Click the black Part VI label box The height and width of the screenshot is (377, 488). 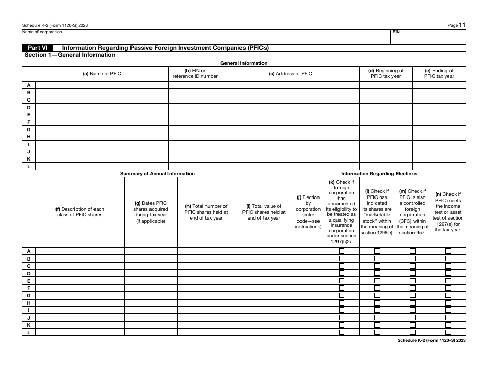point(38,48)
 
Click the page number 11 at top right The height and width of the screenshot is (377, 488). point(463,25)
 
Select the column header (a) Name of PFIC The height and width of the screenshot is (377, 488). point(102,74)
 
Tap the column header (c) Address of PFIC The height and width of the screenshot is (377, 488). point(290,74)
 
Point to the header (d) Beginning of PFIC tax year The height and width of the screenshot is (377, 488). point(386,74)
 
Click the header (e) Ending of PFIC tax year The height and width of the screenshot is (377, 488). point(439,74)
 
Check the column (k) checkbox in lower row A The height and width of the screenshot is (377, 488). point(342,251)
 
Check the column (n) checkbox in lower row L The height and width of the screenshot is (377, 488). point(448,332)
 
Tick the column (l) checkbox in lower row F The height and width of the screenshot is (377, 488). point(377,288)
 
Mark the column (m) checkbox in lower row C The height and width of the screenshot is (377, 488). point(412,266)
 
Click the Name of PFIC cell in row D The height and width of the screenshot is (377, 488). point(102,108)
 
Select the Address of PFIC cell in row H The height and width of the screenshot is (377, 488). point(290,137)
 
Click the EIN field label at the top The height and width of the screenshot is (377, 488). point(396,32)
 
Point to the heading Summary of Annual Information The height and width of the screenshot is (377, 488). point(157,174)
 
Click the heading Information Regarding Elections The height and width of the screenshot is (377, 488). point(379,174)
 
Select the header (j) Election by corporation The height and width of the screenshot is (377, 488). point(308,212)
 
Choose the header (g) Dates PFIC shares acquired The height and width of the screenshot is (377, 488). point(151,212)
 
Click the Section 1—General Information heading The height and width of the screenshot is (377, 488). point(70,55)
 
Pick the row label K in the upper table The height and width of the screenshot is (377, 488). point(29,159)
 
